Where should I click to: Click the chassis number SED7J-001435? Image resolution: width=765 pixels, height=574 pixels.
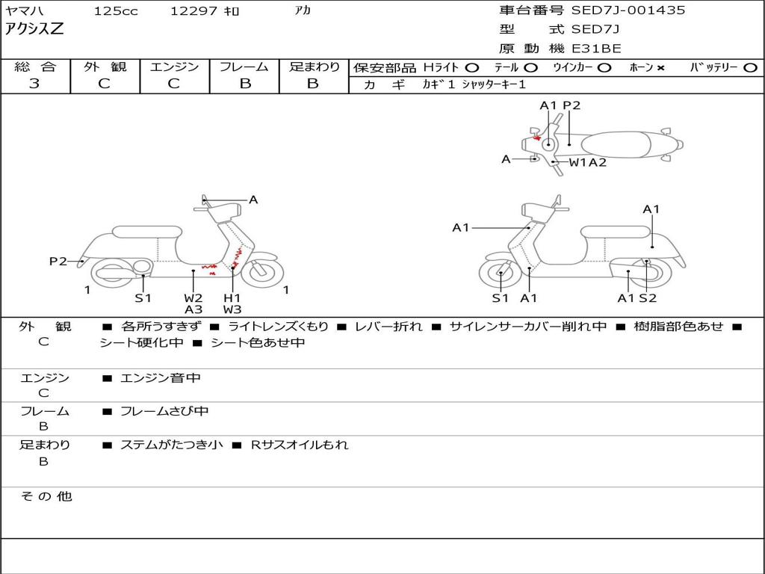tap(628, 10)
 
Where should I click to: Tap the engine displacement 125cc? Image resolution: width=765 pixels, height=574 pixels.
tap(116, 11)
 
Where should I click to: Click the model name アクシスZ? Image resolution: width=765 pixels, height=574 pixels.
tap(35, 30)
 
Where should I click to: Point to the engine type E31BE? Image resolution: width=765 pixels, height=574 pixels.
tap(596, 49)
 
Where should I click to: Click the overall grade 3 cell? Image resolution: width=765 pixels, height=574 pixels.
tap(34, 84)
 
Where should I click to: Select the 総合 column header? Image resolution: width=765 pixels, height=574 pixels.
tap(35, 67)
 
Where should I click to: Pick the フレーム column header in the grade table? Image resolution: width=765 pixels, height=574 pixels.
tap(244, 67)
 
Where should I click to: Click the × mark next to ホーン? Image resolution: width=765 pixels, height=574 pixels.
tap(660, 68)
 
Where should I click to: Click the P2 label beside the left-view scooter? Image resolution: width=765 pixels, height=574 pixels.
tap(58, 261)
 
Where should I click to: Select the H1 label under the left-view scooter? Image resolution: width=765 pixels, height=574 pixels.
tap(232, 297)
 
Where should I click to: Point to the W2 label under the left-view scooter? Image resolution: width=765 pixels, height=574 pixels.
tap(193, 297)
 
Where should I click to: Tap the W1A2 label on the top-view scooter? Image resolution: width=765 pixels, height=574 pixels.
tap(588, 162)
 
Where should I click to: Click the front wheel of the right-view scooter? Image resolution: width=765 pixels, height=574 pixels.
tap(500, 274)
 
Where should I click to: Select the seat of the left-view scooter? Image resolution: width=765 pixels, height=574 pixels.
tap(146, 232)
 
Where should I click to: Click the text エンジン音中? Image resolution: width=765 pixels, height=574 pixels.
tap(161, 378)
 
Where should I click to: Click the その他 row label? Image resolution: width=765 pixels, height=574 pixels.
tap(46, 496)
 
